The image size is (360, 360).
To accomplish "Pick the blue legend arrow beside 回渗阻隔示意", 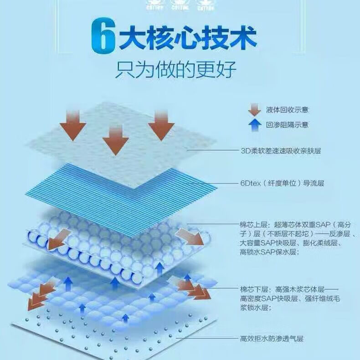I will pos(254,124).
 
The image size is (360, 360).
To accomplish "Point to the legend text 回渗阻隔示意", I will pos(287,124).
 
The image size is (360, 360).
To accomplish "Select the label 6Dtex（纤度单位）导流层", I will pos(283,184).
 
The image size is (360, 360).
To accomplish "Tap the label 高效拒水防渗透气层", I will pos(272,339).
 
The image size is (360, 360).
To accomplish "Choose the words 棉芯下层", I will pos(253,289).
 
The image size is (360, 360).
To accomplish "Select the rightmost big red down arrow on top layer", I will pos(161,125).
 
